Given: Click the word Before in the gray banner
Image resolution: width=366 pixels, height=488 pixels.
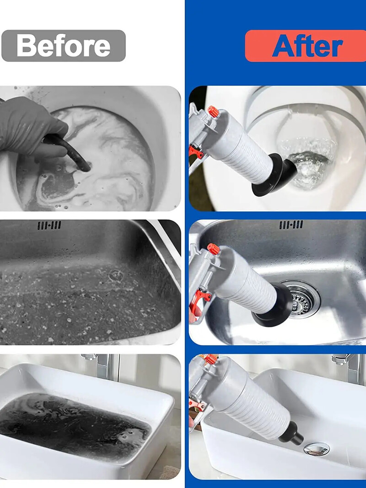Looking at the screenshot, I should pos(63,46).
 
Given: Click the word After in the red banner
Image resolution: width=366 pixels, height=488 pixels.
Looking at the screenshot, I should pos(307,46).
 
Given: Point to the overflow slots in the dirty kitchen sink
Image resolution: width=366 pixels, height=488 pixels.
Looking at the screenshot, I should pos(49,225).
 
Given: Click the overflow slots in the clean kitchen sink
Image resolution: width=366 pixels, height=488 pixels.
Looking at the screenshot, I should pos(291,225).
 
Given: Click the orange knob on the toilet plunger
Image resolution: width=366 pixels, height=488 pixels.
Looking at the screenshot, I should pos(213,111).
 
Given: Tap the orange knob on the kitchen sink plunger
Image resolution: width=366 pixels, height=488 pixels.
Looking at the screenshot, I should pos(214,249).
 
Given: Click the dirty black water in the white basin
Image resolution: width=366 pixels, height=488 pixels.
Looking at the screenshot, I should pos(69,421).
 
